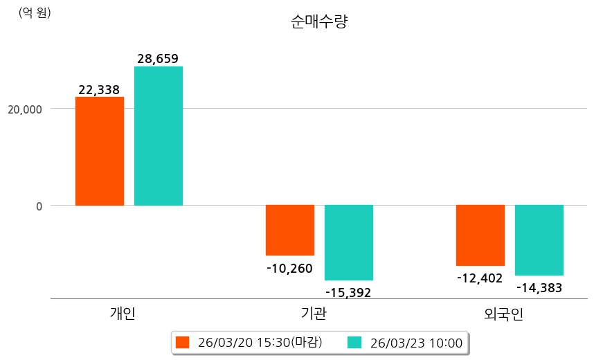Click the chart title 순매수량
319,21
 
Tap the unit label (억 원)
35,12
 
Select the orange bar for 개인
100,151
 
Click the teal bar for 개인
159,136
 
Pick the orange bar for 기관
290,230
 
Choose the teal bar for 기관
349,242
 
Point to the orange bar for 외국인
480,235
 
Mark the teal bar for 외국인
539,240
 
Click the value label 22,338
99,89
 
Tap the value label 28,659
158,59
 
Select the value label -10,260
289,268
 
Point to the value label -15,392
348,292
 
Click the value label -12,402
480,278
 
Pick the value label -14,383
539,287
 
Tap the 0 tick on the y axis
39,206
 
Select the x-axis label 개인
123,314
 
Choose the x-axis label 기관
314,314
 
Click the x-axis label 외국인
504,314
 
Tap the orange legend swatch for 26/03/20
183,342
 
